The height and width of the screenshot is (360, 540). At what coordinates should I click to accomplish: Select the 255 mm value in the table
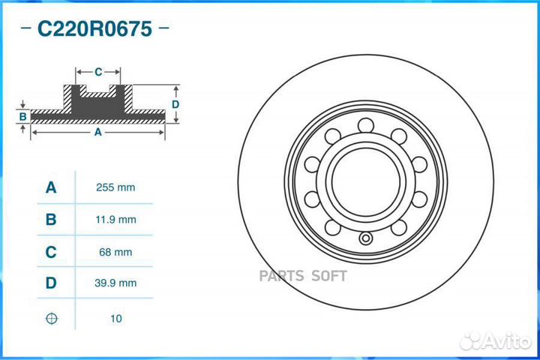(116, 187)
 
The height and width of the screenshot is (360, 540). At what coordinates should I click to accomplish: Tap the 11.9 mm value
(116, 220)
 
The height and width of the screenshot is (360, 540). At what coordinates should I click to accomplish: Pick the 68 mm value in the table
(116, 253)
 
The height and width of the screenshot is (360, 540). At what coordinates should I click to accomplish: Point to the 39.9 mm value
(116, 283)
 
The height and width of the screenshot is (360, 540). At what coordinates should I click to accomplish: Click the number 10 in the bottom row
(116, 319)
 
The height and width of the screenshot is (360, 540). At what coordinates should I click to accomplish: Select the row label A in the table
(51, 187)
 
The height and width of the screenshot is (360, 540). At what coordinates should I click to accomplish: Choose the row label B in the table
(51, 220)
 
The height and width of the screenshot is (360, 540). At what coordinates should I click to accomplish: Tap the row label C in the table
(51, 253)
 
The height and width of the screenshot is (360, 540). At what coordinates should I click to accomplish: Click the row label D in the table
(51, 283)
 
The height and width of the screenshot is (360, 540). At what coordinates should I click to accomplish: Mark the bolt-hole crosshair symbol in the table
(51, 319)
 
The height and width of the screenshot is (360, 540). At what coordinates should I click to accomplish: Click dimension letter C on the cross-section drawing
(98, 72)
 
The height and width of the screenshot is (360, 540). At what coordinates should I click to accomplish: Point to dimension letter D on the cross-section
(175, 104)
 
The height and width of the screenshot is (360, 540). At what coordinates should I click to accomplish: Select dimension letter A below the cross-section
(97, 132)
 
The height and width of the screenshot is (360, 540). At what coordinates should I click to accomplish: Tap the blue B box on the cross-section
(23, 116)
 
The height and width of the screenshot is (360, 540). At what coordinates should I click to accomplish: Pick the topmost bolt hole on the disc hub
(364, 124)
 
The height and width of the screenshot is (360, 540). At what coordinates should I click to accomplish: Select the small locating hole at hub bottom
(365, 239)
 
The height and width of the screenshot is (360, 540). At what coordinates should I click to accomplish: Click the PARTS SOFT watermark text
(303, 276)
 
